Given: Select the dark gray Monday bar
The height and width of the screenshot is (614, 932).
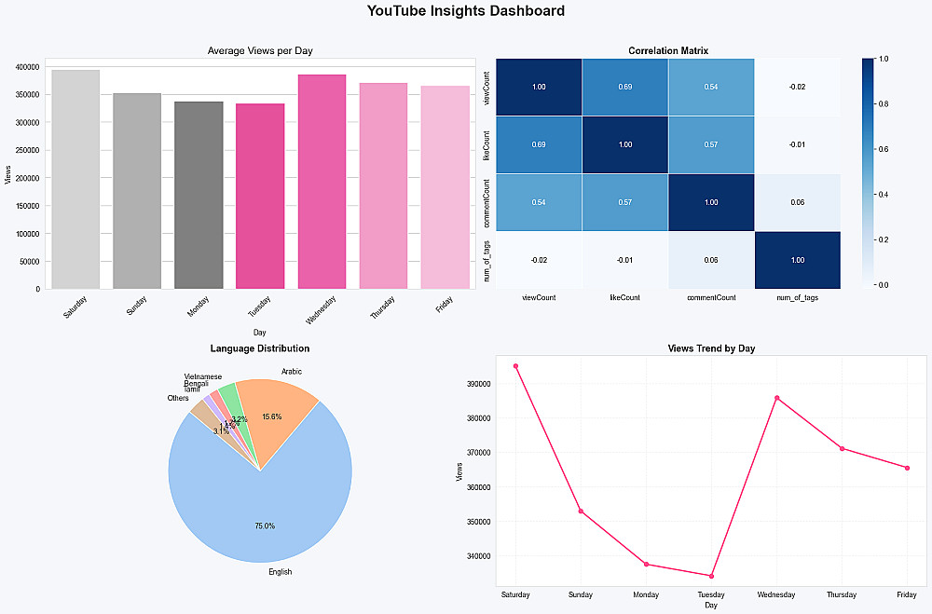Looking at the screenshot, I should pos(199,196).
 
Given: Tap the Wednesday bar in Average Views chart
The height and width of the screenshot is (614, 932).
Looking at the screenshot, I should pos(322,182).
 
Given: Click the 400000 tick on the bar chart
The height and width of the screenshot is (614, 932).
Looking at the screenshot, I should pos(27,67).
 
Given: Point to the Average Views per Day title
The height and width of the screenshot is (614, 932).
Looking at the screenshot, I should pos(260,51).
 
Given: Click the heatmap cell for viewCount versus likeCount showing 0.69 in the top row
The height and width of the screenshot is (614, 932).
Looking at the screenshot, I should pos(624,87).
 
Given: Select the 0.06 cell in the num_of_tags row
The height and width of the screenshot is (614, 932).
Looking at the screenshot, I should pos(710,260).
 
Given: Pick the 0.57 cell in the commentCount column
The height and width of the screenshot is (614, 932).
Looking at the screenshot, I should pos(710,144).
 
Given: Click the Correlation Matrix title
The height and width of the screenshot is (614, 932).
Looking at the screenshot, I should pos(668,50).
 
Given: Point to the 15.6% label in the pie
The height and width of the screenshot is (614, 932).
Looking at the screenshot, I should pos(272,416).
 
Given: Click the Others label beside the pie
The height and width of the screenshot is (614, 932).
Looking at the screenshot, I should pos(177,398).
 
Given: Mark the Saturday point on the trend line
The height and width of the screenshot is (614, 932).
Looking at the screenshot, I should pos(515,366).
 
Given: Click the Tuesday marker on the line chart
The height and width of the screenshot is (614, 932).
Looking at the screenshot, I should pos(711,576).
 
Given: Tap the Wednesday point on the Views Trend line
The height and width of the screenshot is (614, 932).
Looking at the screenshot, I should pos(776,398).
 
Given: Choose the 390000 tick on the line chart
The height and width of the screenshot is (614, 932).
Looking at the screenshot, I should pos(477,384).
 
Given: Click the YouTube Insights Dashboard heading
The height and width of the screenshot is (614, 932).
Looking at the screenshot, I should pos(465,12).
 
